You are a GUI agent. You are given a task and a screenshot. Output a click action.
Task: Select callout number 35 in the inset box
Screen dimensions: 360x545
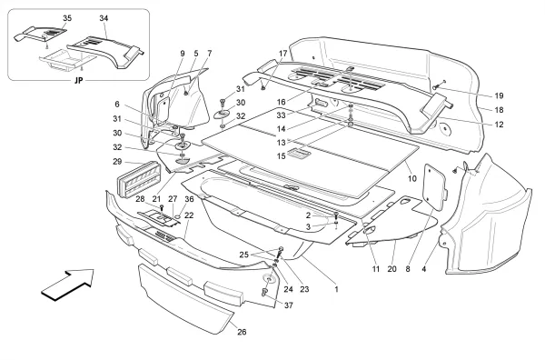pyautogui.click(x=42, y=18)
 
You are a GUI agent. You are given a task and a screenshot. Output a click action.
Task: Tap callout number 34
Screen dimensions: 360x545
pyautogui.click(x=103, y=18)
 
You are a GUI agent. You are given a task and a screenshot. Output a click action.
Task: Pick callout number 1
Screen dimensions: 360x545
pyautogui.click(x=336, y=289)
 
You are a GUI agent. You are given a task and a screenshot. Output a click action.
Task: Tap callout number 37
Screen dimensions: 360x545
pyautogui.click(x=290, y=305)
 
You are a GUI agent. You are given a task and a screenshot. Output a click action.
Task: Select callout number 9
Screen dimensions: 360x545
pyautogui.click(x=183, y=54)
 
